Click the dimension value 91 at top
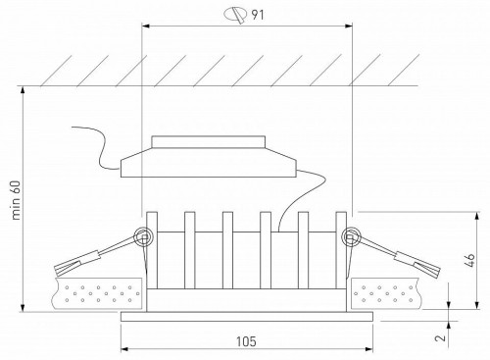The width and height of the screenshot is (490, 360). pos(261,14)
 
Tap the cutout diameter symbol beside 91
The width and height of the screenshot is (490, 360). pos(235,14)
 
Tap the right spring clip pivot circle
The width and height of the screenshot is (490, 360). pos(349,236)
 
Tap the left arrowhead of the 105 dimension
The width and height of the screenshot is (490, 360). pos(124,350)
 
